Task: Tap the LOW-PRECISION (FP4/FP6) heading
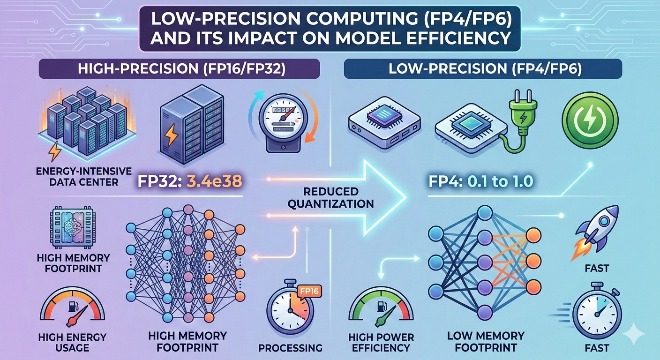[483, 70]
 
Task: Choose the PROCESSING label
[291, 348]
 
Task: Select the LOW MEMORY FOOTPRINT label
[485, 342]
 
